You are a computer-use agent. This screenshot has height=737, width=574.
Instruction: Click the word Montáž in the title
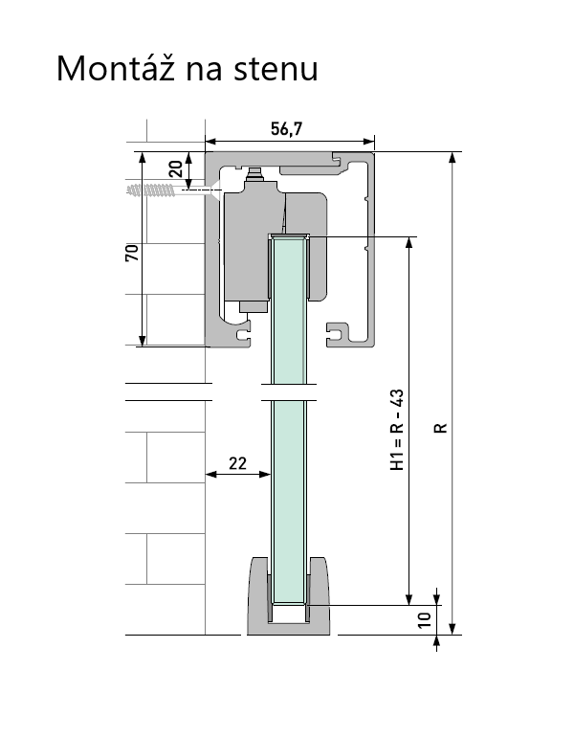pos(116,68)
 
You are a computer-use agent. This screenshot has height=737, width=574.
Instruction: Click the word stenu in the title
pos(276,70)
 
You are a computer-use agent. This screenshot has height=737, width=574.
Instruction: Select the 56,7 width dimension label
pos(287,129)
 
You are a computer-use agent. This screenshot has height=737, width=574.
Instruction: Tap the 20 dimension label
pos(176,168)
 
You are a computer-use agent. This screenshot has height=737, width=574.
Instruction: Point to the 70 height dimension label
pos(132,253)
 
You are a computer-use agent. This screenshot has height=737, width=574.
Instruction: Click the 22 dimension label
pos(237,463)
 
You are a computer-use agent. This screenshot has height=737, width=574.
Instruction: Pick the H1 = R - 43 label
pos(397,430)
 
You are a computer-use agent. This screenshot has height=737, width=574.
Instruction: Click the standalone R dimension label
pos(441,428)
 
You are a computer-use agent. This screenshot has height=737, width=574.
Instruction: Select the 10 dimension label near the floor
pos(425,619)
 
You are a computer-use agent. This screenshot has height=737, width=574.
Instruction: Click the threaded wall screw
pos(151,190)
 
